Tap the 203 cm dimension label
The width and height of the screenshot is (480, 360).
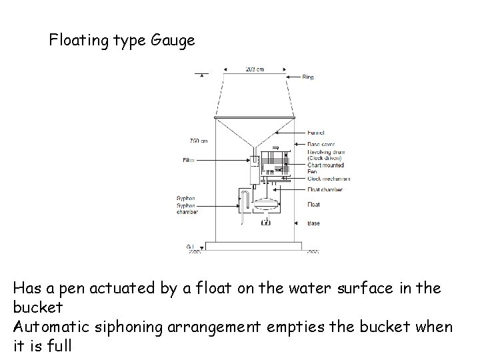tap(254, 68)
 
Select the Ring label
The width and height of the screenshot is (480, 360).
tap(308, 77)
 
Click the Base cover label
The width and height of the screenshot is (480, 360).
tap(321, 142)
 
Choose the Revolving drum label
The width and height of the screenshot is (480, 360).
tap(325, 151)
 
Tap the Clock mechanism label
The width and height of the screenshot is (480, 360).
tap(329, 179)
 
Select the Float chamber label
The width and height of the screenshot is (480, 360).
tap(325, 190)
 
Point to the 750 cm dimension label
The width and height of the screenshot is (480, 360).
tap(199, 141)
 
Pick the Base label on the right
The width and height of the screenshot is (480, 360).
tap(313, 223)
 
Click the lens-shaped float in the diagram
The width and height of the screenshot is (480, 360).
tap(267, 205)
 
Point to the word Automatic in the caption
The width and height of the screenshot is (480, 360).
tap(52, 327)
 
